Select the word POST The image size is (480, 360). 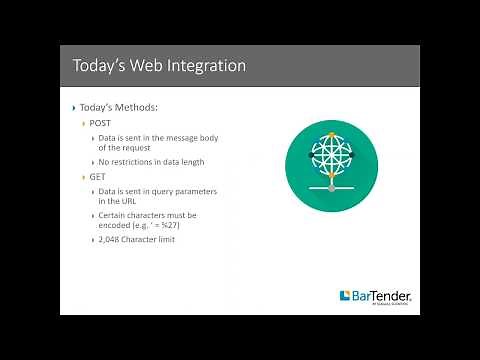100,122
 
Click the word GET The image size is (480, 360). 98,176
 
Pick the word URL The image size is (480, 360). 130,201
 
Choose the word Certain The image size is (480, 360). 116,215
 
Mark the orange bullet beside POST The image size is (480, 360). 84,123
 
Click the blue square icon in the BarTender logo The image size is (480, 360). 345,296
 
